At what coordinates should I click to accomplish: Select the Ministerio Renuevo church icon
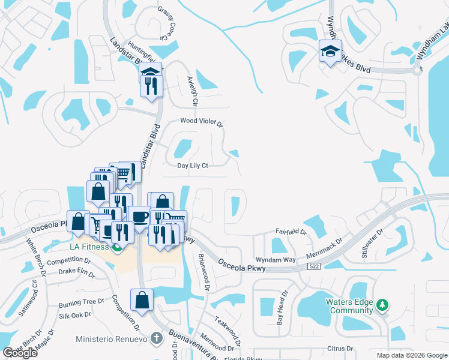tap(157, 339)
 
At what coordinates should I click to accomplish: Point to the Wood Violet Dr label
tap(202, 122)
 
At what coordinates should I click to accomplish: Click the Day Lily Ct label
tap(192, 166)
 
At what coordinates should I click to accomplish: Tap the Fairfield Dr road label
tap(291, 232)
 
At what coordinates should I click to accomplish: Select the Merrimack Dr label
tap(324, 247)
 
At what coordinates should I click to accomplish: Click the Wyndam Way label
tap(276, 260)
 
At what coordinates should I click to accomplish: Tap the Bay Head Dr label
tap(281, 308)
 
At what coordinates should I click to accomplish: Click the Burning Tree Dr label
tap(82, 302)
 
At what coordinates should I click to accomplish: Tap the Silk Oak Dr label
tap(74, 314)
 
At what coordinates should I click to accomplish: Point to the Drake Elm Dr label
tap(77, 273)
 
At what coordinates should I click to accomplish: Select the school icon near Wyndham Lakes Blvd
tap(330, 52)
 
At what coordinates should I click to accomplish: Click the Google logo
tap(20, 353)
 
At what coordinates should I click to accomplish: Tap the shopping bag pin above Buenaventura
tap(142, 300)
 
